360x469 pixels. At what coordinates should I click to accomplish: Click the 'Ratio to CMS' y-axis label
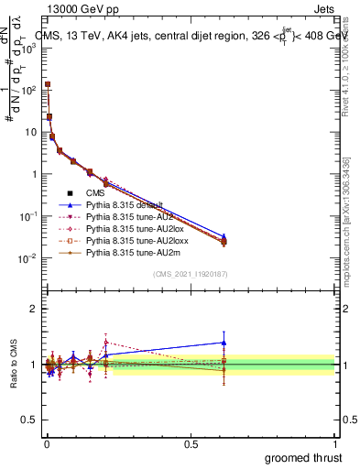click(14, 365)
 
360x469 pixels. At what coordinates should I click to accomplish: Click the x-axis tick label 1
click(335, 443)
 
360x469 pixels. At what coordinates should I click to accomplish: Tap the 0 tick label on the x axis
click(46, 443)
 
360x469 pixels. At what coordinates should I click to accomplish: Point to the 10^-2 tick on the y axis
click(27, 258)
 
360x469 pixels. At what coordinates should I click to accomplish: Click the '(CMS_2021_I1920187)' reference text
click(190, 274)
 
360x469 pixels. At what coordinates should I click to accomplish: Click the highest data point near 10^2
click(48, 84)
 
